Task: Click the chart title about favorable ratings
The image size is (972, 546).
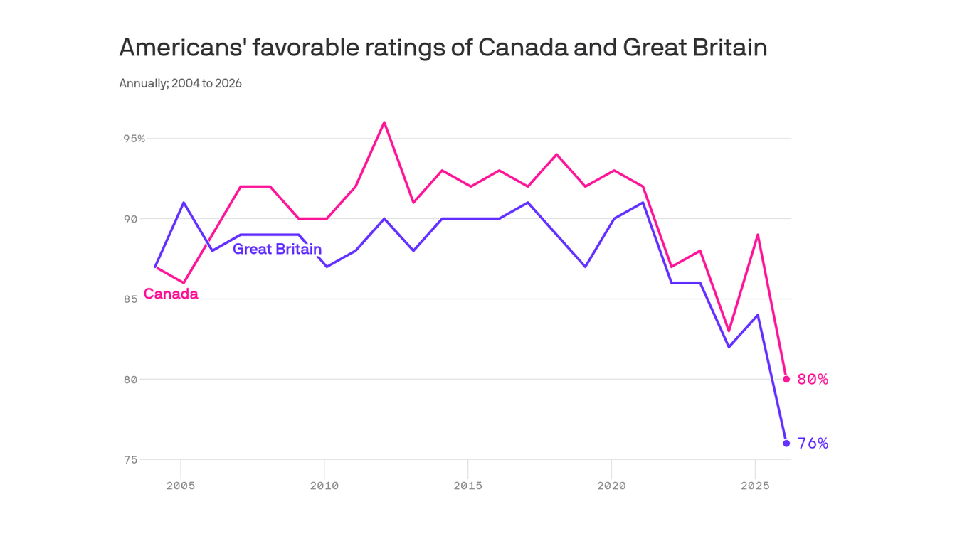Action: [443, 48]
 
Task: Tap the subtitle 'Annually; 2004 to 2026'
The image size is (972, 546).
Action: [180, 83]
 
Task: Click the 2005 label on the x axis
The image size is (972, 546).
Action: [181, 486]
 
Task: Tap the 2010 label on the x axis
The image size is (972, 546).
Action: [324, 486]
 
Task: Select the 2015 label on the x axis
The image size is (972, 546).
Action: [467, 486]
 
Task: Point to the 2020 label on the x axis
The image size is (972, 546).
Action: [611, 486]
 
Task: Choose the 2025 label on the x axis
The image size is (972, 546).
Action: [755, 486]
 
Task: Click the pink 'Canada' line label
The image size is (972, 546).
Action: [171, 294]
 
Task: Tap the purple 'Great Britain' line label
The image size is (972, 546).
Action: [277, 249]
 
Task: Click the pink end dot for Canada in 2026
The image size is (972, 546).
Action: [786, 379]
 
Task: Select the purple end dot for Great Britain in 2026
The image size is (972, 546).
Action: [786, 443]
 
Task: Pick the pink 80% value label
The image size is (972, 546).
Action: [813, 380]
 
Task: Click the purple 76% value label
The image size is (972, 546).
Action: [813, 444]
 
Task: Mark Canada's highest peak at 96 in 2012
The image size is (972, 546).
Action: [384, 122]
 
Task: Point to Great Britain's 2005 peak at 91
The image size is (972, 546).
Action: [184, 203]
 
